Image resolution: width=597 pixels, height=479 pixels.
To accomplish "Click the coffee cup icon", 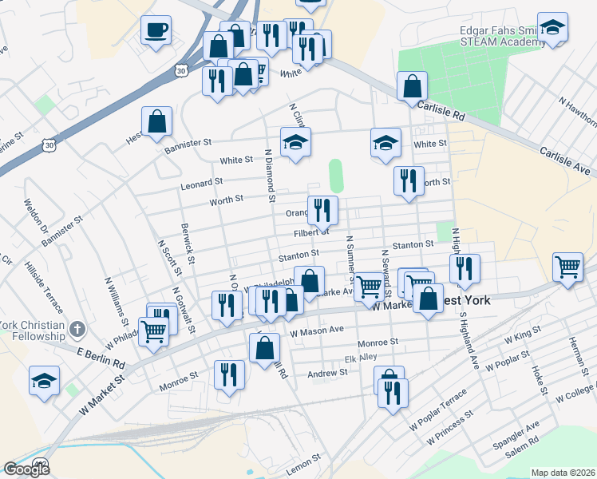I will [156, 31].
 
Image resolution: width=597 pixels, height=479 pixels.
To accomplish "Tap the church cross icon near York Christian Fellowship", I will [77, 329].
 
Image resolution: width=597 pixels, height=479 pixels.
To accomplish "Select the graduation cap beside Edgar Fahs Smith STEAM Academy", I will [552, 27].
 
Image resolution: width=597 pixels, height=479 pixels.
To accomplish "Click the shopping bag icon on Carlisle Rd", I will [412, 86].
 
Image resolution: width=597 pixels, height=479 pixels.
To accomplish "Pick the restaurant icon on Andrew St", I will [230, 375].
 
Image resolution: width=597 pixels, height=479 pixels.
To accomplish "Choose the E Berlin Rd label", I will [101, 357].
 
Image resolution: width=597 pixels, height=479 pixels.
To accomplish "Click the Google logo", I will [26, 469].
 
